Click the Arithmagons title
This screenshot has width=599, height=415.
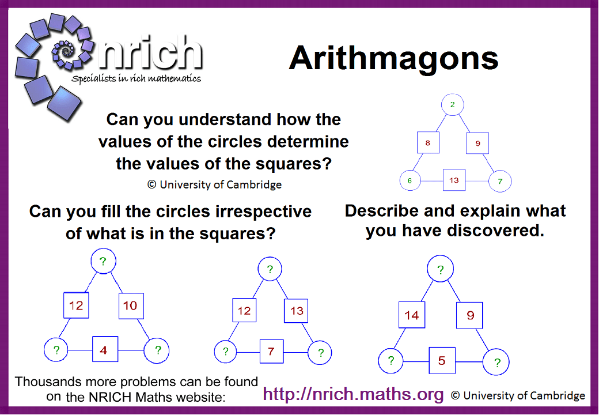tap(393, 58)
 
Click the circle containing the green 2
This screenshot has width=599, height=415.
tap(453, 104)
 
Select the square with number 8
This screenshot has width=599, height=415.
tap(428, 143)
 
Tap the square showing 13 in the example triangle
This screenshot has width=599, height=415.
tap(454, 180)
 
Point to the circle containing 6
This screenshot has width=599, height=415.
tap(410, 180)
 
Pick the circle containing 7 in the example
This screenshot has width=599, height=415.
tap(500, 181)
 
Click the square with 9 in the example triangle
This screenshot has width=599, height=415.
tap(477, 143)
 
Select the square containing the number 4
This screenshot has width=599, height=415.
tap(104, 350)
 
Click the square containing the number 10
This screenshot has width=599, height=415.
tap(130, 305)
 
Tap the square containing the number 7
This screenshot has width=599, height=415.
tap(271, 351)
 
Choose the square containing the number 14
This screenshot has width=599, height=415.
tap(412, 315)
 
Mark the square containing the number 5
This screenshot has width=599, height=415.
tap(442, 361)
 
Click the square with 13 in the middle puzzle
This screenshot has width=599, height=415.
tap(296, 311)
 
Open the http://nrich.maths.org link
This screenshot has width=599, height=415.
tap(354, 394)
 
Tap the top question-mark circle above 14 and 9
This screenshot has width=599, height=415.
tap(441, 269)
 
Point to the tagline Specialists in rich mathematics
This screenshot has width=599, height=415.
tap(136, 78)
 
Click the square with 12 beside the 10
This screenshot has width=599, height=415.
tap(76, 305)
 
